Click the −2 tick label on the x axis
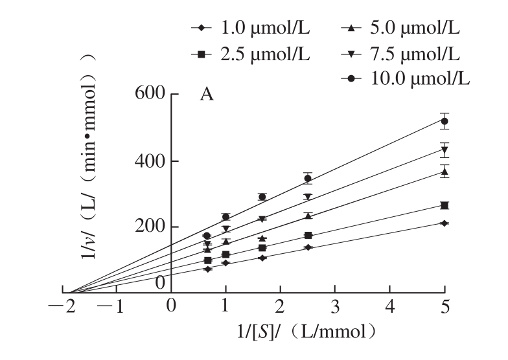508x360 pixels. point(63,306)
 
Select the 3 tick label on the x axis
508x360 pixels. point(335,306)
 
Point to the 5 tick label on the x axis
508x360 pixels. point(444,306)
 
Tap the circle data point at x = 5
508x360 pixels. point(444,121)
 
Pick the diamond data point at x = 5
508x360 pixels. point(444,223)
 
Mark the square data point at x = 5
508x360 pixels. point(444,205)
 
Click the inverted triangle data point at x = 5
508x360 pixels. point(444,150)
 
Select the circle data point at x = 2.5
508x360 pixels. point(308,178)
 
